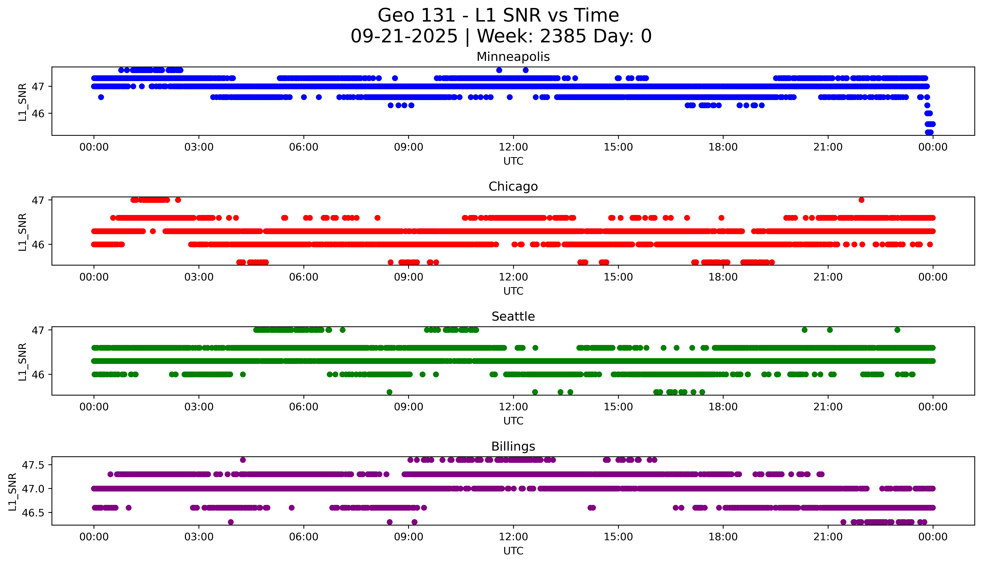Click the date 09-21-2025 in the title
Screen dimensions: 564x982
404,36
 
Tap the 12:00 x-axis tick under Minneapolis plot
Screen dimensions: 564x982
513,147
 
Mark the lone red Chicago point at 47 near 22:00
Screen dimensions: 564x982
861,200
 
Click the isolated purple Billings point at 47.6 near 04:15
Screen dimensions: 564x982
243,460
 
